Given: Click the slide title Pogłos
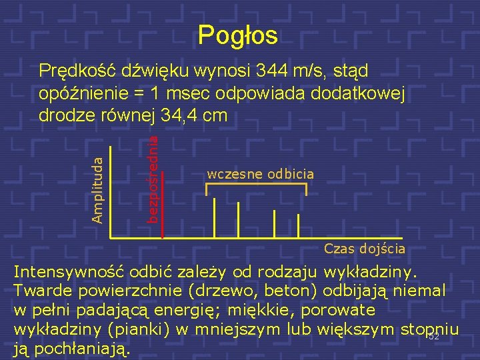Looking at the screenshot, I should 238,35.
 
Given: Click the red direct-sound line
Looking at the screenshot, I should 162,200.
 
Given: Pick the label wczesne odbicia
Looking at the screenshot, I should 260,174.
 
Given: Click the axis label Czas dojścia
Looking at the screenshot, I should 364,249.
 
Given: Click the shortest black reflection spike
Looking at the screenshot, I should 299,226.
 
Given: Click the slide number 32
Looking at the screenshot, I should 433,337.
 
